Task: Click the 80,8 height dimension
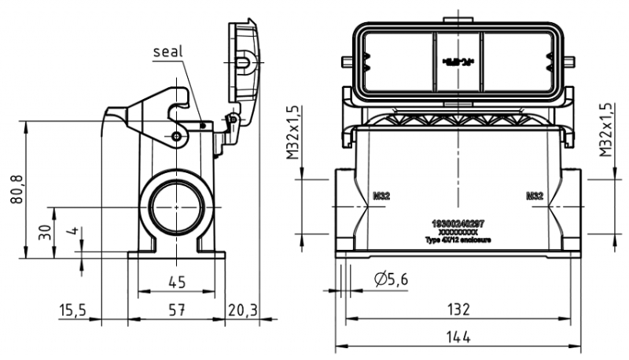point(17,189)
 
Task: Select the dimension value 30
point(45,232)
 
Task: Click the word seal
point(167,51)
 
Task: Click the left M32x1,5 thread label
point(292,132)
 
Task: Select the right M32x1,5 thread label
point(605,129)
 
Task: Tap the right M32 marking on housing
point(535,196)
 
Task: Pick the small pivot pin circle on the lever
point(177,138)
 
